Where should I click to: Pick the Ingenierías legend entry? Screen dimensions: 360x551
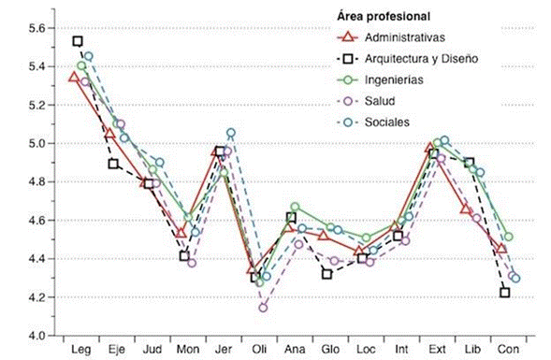[397, 79]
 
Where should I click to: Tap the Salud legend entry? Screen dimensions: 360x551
[382, 101]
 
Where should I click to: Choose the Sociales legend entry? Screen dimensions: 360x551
[388, 122]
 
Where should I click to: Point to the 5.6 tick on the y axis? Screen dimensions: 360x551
[33, 28]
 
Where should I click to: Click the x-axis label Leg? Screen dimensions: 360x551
[79, 349]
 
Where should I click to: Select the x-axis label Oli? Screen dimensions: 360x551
[259, 349]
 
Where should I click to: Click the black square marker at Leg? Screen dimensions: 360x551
[78, 41]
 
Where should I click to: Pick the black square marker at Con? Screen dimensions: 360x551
[505, 293]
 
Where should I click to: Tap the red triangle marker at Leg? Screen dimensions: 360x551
[76, 77]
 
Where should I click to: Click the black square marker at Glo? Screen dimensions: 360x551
[327, 273]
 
